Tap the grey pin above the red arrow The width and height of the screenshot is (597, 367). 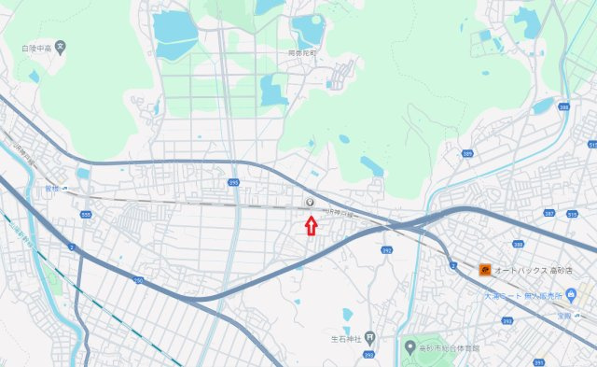tap(310, 202)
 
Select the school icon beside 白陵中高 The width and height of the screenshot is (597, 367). tap(61, 45)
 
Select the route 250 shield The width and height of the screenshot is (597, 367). tap(139, 279)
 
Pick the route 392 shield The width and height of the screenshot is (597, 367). tap(385, 250)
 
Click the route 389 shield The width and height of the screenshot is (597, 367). tap(466, 152)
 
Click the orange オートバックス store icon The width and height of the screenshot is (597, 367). tap(485, 271)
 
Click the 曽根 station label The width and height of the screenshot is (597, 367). tap(52, 187)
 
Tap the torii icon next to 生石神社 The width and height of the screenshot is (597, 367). tap(370, 336)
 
